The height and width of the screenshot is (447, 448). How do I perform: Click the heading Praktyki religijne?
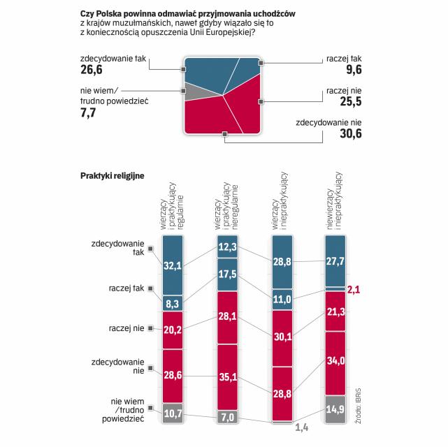(112, 175)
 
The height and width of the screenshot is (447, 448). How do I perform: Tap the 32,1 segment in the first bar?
(173, 265)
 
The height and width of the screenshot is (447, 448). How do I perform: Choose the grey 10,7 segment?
(173, 414)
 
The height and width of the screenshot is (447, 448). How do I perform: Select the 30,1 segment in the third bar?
(282, 337)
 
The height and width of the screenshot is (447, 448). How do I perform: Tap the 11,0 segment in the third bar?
(282, 299)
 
